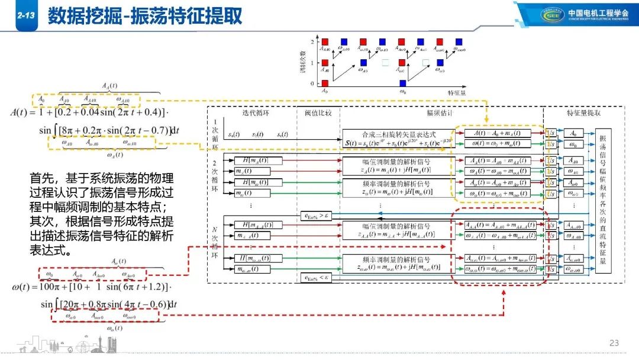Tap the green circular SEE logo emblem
pyautogui.click(x=554, y=15)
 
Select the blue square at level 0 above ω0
pyautogui.click(x=402, y=83)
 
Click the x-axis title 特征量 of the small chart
pyautogui.click(x=459, y=93)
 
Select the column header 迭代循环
pyautogui.click(x=256, y=114)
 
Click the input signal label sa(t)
pyautogui.click(x=234, y=134)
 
